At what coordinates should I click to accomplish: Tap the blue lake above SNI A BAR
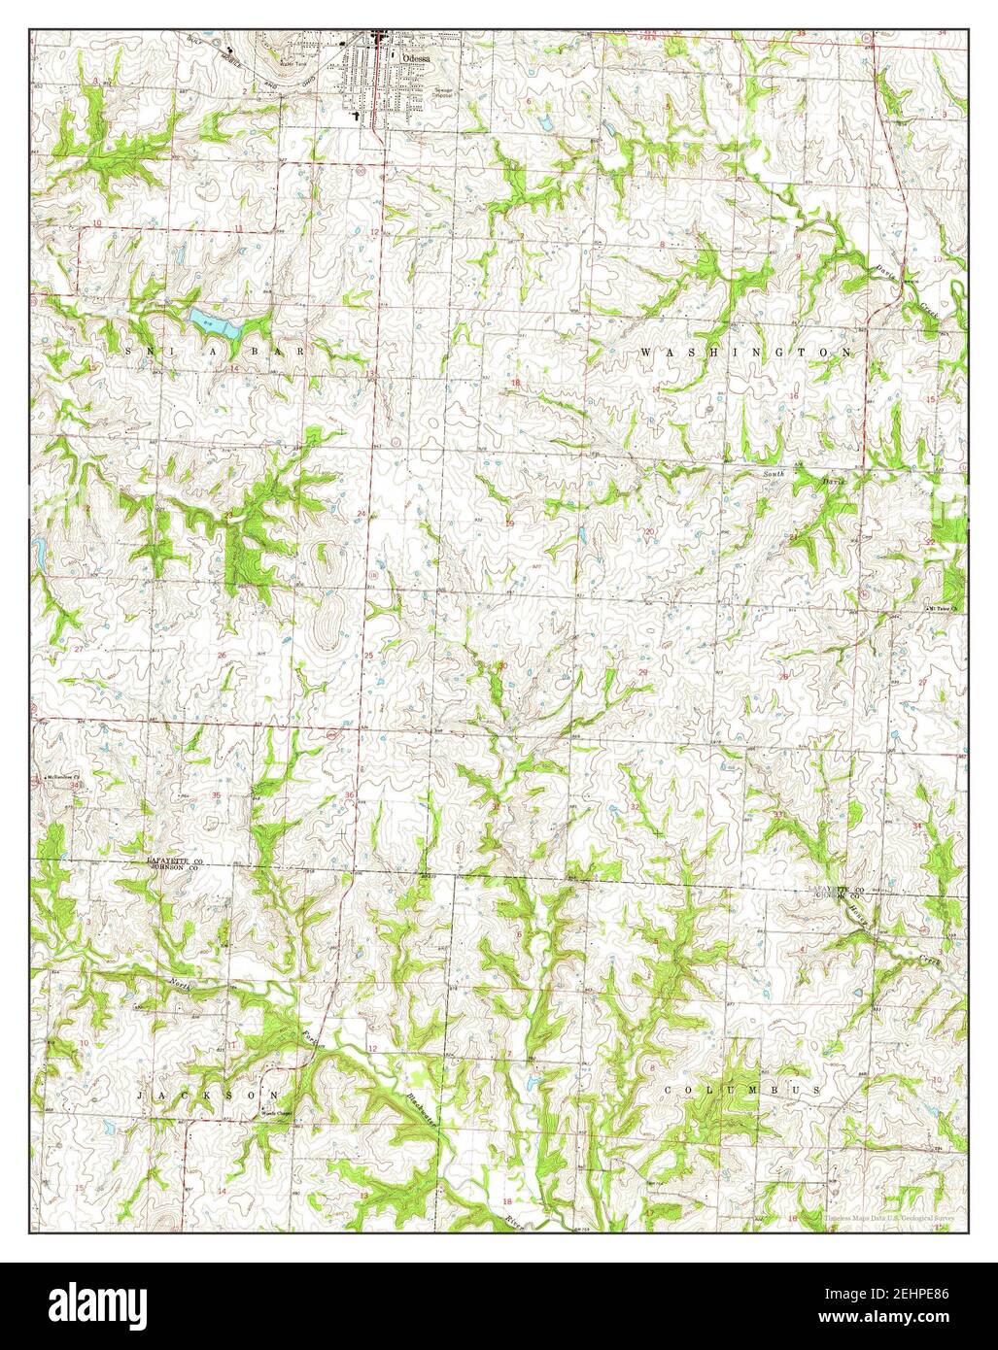[216, 323]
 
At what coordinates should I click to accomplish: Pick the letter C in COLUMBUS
[669, 1092]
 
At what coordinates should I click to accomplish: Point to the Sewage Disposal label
[442, 93]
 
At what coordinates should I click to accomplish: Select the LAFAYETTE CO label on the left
[175, 861]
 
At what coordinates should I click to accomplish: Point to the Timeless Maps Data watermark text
[889, 1217]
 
